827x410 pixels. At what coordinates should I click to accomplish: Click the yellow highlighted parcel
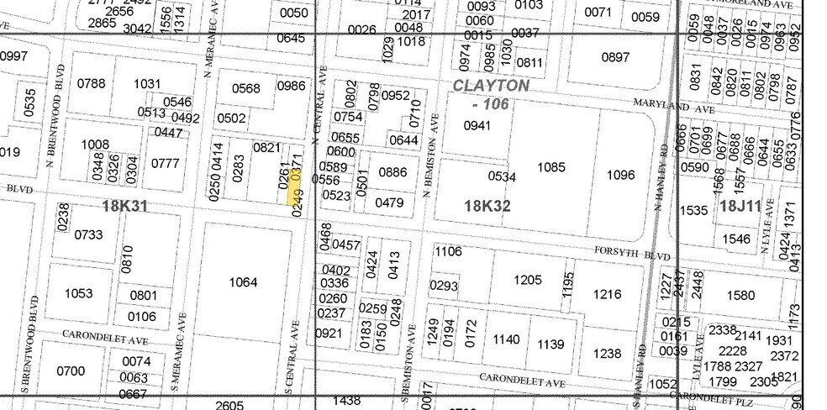pos(295,195)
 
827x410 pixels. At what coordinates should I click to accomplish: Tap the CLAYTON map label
pos(491,86)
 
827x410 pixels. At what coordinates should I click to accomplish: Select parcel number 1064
pos(243,282)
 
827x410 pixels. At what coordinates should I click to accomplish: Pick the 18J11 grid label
pos(740,206)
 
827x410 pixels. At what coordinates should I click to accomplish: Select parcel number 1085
pos(550,167)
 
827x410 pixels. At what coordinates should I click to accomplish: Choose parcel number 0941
pos(477,126)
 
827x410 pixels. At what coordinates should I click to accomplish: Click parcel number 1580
pos(740,295)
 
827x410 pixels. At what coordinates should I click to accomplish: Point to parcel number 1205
pos(528,281)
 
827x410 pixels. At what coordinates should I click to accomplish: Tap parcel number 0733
pos(90,235)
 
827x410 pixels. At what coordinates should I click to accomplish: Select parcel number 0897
pos(616,57)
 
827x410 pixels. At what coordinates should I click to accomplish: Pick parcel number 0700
pos(71,371)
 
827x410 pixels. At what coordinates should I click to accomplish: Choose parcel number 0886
pos(392,172)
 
